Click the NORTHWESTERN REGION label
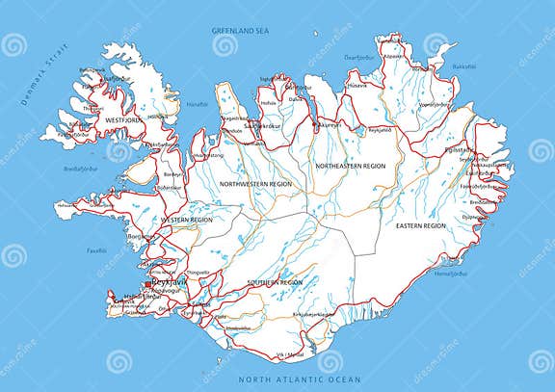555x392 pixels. coord(255,182)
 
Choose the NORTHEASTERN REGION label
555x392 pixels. coord(351,166)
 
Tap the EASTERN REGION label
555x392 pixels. coord(420,224)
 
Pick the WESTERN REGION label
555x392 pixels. coord(187,220)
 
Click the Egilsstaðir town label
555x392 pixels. coord(459,150)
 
